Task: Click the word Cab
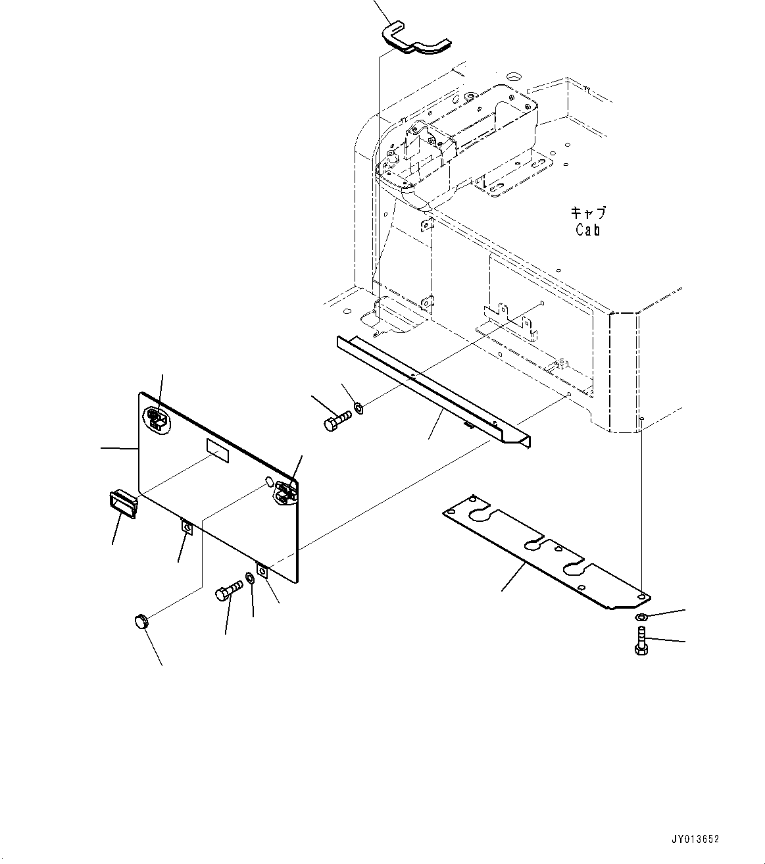point(587,230)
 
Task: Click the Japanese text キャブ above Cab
point(587,213)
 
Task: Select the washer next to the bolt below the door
point(251,578)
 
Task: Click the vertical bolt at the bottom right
point(641,640)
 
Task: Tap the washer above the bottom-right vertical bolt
point(641,617)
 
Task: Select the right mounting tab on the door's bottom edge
point(262,571)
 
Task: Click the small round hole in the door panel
point(269,482)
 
